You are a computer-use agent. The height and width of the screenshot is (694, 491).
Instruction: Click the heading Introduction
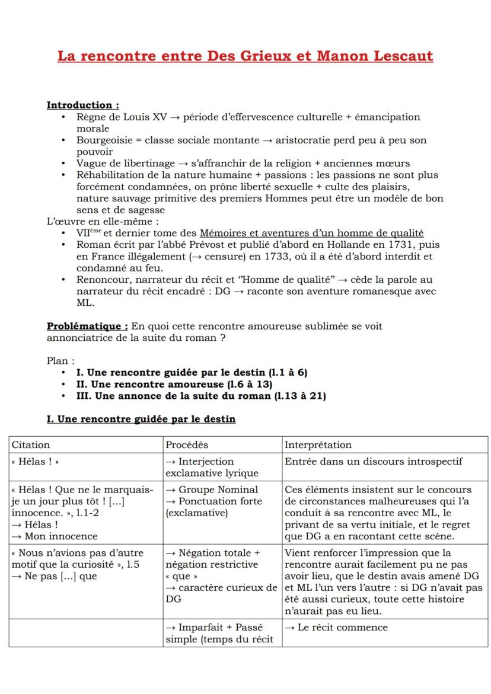82,105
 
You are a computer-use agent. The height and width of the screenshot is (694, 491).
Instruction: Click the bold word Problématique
87,326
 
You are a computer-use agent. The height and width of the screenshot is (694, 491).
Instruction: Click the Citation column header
31,444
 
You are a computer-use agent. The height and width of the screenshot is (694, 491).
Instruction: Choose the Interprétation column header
318,444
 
